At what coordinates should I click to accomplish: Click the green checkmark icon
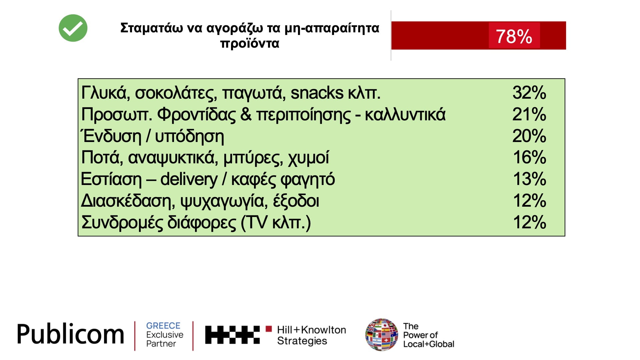tap(73, 28)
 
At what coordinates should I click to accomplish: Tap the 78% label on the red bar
tap(514, 36)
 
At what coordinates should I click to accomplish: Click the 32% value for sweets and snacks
tap(529, 92)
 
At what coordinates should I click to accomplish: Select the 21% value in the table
tap(529, 114)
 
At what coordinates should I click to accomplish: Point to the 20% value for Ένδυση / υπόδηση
tap(529, 136)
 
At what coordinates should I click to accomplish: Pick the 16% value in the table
tap(529, 157)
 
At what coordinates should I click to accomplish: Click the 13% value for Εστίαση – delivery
tap(529, 179)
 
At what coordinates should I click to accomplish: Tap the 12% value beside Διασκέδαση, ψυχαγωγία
tap(529, 201)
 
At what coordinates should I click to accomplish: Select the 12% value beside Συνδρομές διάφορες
tap(529, 222)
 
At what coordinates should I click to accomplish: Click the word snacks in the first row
tap(317, 93)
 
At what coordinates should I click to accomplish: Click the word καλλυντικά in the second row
tap(405, 114)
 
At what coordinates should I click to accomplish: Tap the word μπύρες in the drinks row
tap(253, 158)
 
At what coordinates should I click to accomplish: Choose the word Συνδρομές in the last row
tap(122, 223)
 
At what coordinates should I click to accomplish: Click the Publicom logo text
tap(70, 334)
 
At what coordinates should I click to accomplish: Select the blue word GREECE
tap(163, 326)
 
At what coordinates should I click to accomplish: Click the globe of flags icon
tap(382, 335)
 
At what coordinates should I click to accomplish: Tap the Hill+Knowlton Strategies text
tap(311, 335)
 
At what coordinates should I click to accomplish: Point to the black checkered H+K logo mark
tap(232, 335)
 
